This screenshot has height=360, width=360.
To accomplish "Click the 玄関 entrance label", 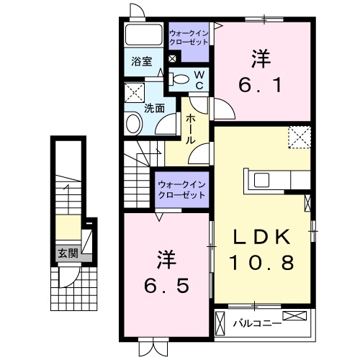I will click(x=69, y=253).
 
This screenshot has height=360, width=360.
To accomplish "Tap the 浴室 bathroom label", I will click(x=141, y=62).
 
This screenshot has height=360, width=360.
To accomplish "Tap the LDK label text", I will click(x=262, y=237).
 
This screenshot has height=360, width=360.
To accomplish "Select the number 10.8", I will click(x=262, y=263).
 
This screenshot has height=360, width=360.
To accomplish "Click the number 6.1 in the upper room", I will click(x=261, y=85).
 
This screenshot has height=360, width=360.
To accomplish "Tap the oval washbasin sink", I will click(x=134, y=124).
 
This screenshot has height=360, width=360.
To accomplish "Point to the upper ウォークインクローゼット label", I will click(x=189, y=37).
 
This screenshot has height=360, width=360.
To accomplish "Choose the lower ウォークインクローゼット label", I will click(x=181, y=189).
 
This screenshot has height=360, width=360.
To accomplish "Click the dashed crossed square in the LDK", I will click(x=298, y=137).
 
